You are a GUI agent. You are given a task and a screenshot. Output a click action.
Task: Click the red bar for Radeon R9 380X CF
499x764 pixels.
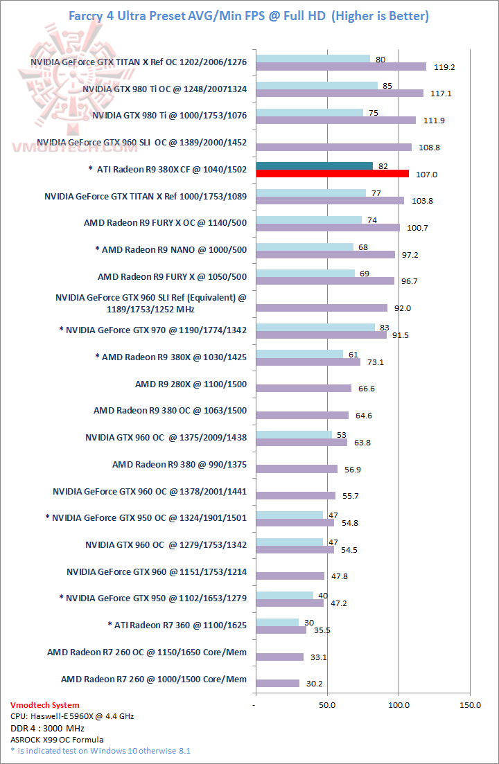[332, 174]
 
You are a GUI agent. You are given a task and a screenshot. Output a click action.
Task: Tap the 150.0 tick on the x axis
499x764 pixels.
[470, 705]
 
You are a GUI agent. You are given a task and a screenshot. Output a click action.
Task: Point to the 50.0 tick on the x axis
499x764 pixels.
[327, 705]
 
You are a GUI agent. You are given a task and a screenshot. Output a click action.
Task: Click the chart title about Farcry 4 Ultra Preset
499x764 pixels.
[249, 15]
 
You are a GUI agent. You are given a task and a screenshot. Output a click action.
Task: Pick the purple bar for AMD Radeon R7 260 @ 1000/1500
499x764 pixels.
[277, 684]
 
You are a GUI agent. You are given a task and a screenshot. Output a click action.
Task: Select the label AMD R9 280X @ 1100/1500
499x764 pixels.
[191, 384]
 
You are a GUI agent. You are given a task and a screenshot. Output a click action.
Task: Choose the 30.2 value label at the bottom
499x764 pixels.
[316, 684]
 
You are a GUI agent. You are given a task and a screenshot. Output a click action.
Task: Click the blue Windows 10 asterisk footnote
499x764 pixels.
[100, 750]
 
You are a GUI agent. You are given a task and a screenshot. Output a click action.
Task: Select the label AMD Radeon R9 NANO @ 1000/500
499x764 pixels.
[170, 249]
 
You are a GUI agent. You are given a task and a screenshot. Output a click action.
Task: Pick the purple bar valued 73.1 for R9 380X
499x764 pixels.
[308, 362]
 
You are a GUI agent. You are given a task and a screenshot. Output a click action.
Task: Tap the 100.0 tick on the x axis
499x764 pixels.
[399, 705]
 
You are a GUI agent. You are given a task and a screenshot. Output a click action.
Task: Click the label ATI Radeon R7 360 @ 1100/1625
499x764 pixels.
[177, 624]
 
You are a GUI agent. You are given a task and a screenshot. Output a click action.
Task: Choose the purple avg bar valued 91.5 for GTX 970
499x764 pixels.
[321, 335]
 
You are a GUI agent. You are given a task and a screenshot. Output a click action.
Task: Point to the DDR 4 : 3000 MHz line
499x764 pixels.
[46, 727]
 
